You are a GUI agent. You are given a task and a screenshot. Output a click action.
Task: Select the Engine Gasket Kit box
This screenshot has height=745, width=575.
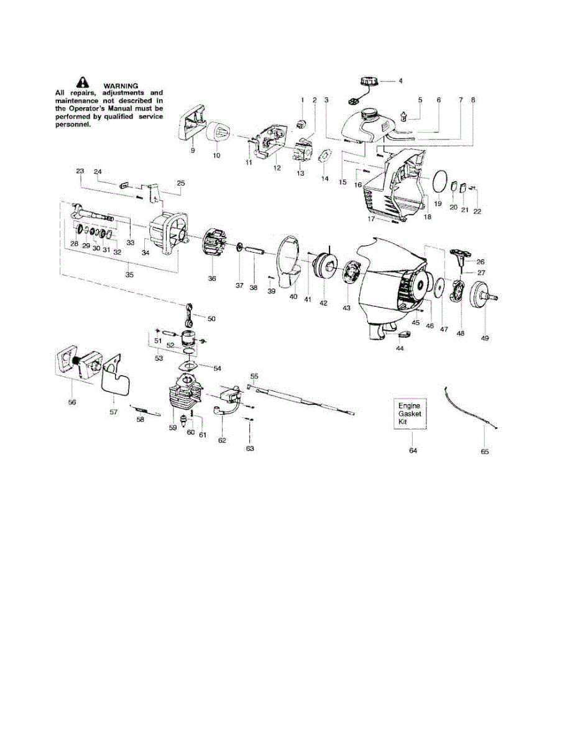(409, 413)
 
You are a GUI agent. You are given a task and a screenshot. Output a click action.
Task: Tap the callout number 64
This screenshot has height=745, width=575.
(412, 451)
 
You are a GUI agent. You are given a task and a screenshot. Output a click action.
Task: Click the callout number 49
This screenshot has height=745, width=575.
(485, 338)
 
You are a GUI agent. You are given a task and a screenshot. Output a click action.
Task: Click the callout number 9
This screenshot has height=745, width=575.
(193, 150)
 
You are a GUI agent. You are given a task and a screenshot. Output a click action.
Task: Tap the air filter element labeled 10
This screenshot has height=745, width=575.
(218, 132)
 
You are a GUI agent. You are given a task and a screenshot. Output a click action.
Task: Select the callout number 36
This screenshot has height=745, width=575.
(212, 279)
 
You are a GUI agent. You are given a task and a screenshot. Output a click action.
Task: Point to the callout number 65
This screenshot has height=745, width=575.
(485, 451)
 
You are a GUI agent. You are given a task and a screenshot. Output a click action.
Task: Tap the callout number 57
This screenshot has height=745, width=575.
(113, 412)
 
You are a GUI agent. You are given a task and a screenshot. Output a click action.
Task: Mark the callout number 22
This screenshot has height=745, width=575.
(477, 211)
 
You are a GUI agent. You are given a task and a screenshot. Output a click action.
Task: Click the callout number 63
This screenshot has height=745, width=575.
(250, 448)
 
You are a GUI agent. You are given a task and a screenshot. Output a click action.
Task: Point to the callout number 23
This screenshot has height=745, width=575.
(80, 171)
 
